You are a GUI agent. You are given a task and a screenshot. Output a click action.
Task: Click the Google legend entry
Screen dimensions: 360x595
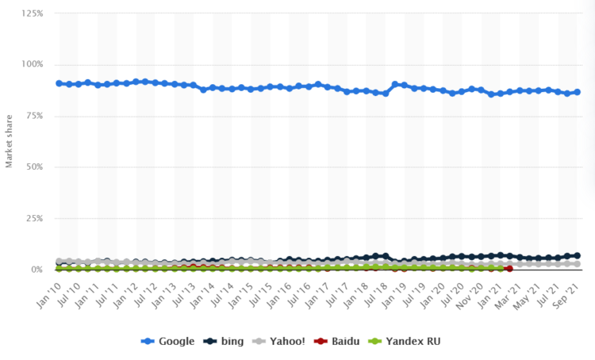167,341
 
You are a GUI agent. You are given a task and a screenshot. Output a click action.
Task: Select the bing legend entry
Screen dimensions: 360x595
225,341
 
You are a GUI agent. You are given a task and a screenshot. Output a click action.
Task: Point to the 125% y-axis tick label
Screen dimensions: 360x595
32,14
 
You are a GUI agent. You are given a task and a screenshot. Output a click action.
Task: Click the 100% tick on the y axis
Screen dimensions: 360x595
32,65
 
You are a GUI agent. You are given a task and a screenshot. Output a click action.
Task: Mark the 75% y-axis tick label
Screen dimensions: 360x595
34,116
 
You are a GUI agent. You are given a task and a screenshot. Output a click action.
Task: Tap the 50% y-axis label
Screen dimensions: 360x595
34,167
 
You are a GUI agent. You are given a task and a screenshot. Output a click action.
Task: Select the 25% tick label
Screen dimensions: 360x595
34,218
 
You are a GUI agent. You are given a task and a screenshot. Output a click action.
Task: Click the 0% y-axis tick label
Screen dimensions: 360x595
36,270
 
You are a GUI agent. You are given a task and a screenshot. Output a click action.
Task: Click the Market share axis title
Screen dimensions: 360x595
10,142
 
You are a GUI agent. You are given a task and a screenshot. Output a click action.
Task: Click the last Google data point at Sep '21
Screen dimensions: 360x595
577,92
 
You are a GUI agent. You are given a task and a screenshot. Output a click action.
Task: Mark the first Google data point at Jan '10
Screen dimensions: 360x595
59,83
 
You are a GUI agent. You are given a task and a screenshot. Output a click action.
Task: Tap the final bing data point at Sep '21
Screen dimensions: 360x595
577,256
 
